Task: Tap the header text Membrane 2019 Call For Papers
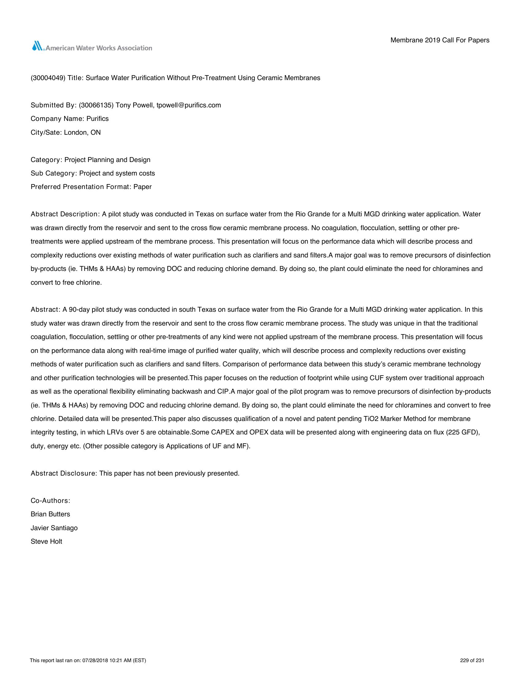(440, 40)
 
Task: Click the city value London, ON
(82, 133)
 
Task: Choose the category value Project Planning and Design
(107, 160)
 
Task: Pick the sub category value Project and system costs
(117, 173)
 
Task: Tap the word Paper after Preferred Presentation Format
(142, 187)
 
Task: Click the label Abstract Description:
(64, 214)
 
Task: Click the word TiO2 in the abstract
(370, 419)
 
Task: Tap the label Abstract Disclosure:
(64, 473)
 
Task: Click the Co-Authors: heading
(50, 501)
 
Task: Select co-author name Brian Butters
(50, 514)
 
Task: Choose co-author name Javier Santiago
(54, 528)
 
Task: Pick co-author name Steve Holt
(46, 542)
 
